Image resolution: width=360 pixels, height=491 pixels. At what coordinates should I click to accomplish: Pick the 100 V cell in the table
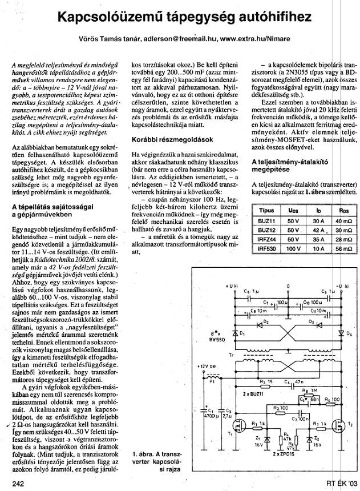(x=293, y=249)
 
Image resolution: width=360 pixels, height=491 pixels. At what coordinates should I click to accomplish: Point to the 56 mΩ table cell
(x=344, y=249)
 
